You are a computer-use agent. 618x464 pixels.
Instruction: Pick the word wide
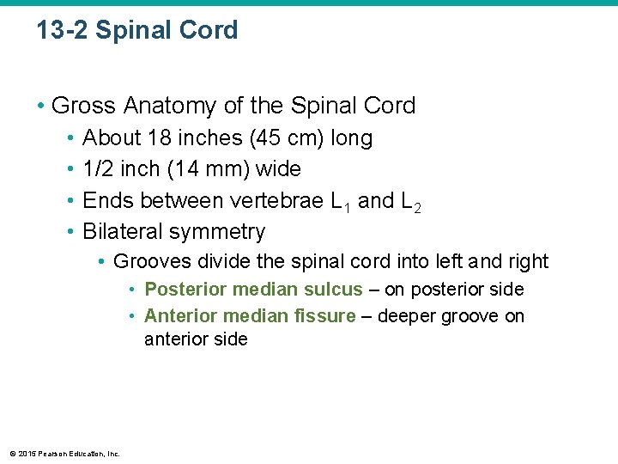click(279, 169)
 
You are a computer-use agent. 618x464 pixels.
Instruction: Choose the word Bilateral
click(123, 232)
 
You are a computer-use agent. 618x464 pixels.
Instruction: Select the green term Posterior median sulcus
click(253, 290)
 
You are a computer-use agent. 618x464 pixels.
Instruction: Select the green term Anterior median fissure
click(250, 316)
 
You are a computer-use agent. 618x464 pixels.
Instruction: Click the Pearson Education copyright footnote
click(65, 454)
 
